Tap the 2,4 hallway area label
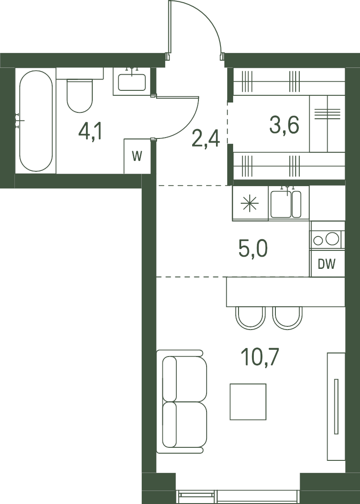coord(206,138)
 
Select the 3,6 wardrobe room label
coord(284,125)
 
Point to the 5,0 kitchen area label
coord(253,249)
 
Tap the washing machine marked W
coord(137,156)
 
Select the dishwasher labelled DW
coord(327,264)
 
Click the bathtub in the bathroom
coord(36,121)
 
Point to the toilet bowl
coord(80,95)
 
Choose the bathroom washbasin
coord(132,82)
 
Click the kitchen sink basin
coord(281,204)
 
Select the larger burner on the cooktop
coord(332,239)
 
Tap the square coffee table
coord(248,402)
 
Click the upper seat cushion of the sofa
coord(184,379)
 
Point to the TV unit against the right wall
coord(336,406)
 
